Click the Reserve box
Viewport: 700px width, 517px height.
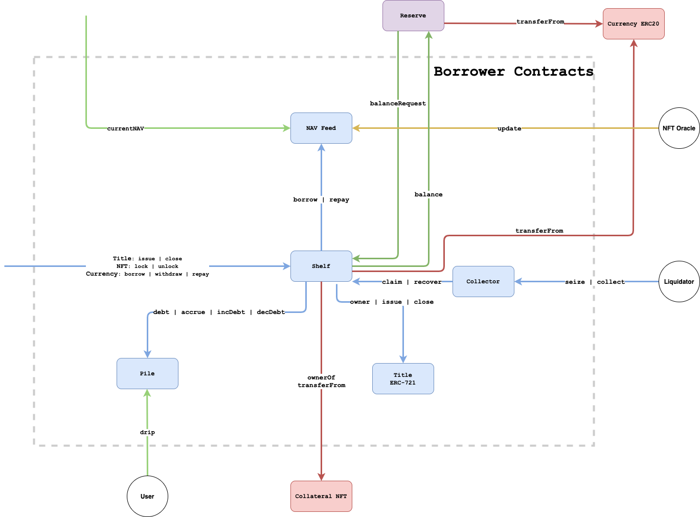click(x=413, y=16)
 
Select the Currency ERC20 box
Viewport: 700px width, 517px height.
click(x=634, y=24)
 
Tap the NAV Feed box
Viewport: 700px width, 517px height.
click(x=321, y=128)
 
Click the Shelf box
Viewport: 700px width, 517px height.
click(x=321, y=266)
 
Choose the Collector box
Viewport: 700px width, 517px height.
click(x=483, y=282)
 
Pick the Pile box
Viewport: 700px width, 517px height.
click(x=147, y=374)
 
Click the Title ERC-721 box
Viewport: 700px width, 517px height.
click(x=403, y=379)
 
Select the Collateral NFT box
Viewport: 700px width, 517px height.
click(x=321, y=497)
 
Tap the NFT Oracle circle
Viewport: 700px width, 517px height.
click(x=679, y=128)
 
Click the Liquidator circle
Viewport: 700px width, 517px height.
click(x=679, y=282)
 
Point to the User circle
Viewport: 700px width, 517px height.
click(x=147, y=497)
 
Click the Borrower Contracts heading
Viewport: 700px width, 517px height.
click(x=513, y=72)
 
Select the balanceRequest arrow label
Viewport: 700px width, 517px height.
click(x=398, y=103)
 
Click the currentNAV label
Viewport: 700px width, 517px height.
click(x=125, y=128)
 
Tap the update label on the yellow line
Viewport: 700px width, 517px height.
click(x=509, y=128)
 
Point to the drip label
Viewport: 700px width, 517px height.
click(x=147, y=432)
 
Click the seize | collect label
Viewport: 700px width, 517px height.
click(x=595, y=282)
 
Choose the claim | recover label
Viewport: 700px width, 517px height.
click(x=412, y=282)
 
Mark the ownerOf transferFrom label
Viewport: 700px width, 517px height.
click(x=321, y=381)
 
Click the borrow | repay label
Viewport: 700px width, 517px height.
click(x=321, y=199)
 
